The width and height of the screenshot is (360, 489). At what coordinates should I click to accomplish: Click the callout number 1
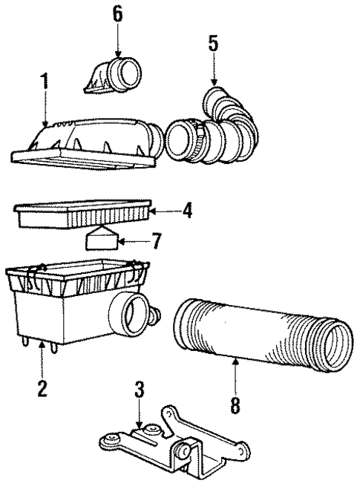[45, 81]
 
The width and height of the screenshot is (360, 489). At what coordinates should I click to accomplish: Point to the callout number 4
[187, 211]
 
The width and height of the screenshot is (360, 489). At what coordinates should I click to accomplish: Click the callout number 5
[213, 44]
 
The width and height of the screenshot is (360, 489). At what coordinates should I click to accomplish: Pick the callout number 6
[118, 14]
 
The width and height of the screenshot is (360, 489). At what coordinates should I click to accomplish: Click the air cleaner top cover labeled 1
[89, 141]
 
